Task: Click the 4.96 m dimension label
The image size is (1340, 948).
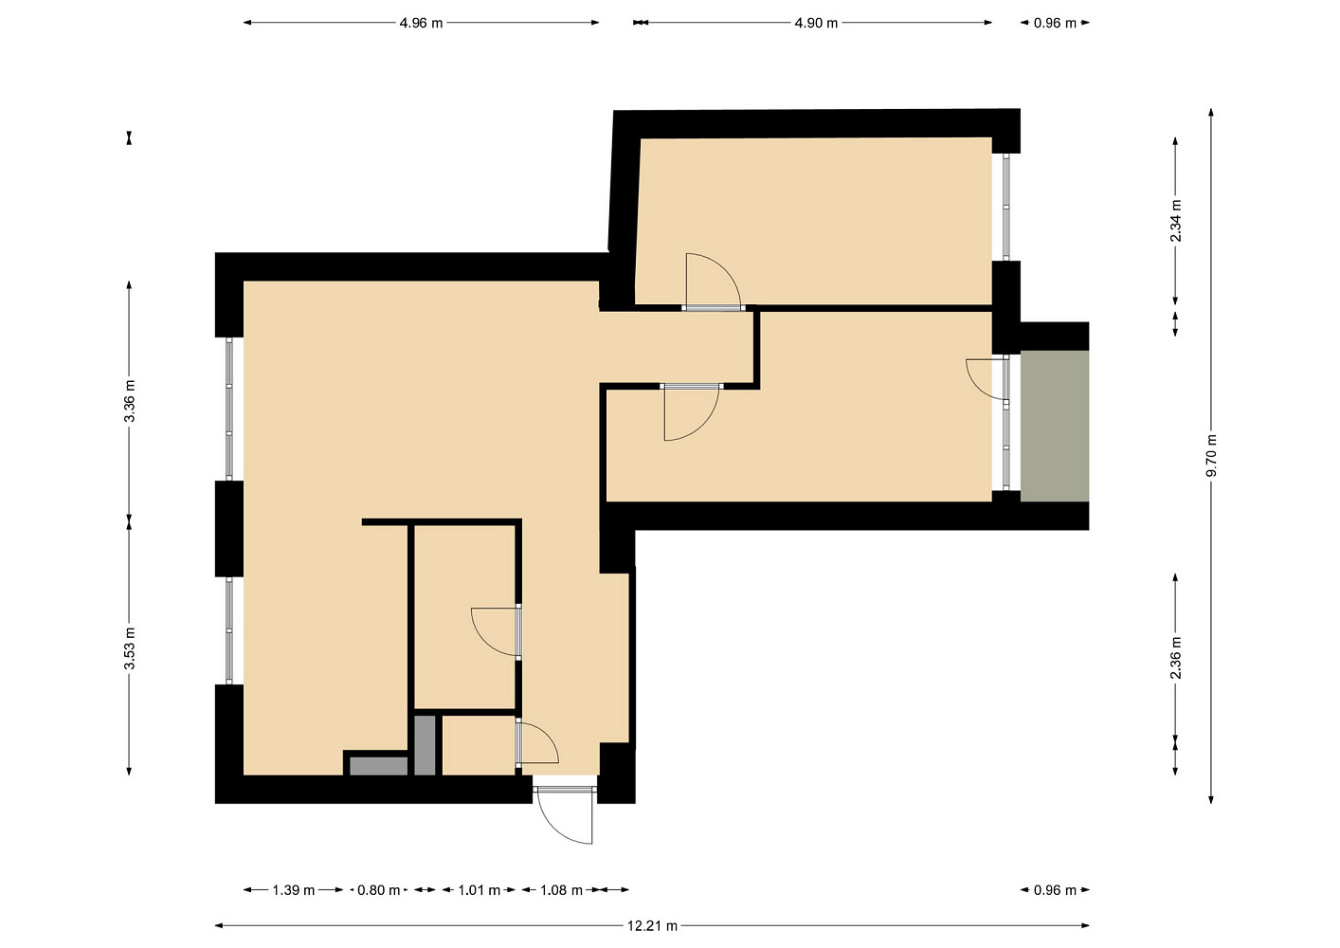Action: (421, 24)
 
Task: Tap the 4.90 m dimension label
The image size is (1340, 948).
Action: (816, 24)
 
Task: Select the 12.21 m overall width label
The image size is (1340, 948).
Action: (652, 926)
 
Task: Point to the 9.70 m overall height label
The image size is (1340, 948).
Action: (1211, 455)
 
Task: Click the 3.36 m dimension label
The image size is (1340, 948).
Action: (129, 400)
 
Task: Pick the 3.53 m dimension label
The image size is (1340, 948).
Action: (129, 648)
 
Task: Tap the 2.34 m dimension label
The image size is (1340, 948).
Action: (1176, 220)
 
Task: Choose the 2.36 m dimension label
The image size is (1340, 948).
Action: (1176, 658)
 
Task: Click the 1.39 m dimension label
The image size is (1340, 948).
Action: (293, 890)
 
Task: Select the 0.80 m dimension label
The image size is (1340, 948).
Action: (379, 890)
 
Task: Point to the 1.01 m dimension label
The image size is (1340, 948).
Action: (480, 890)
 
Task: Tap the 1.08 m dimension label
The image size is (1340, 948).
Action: (561, 890)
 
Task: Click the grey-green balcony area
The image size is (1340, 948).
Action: (1055, 426)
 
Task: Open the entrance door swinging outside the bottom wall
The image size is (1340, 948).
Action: (566, 826)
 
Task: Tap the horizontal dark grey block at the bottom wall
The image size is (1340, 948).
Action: (379, 766)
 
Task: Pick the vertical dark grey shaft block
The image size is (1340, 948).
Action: (425, 746)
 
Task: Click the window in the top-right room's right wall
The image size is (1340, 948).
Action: (1006, 207)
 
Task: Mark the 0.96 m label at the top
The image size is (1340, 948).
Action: (1056, 24)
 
